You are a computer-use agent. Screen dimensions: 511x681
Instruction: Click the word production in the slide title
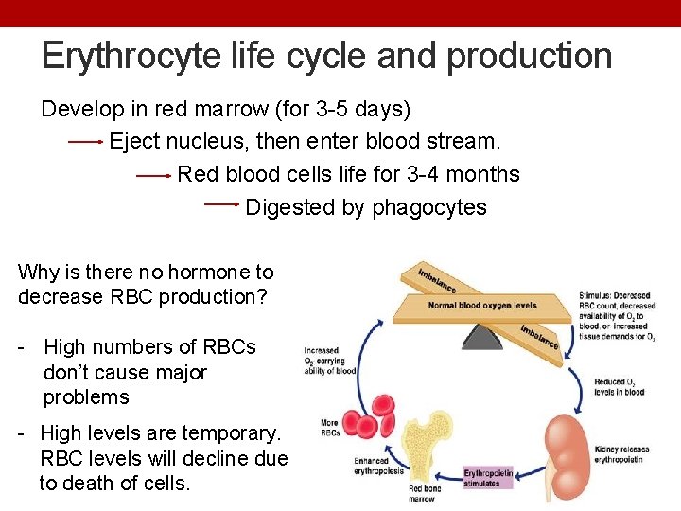coord(530,56)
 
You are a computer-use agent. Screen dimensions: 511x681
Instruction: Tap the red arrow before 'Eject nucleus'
coord(86,142)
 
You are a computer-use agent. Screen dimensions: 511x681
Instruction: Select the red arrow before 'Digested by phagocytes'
coord(222,203)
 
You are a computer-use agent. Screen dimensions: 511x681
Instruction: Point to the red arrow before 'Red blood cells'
coord(154,175)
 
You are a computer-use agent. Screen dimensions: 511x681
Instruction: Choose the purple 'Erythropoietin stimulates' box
coord(487,478)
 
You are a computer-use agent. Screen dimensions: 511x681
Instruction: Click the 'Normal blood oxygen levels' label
coord(482,306)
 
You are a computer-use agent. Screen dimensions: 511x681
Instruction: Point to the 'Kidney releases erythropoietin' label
coord(623,454)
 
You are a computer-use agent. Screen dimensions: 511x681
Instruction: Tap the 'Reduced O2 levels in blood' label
coord(619,386)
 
